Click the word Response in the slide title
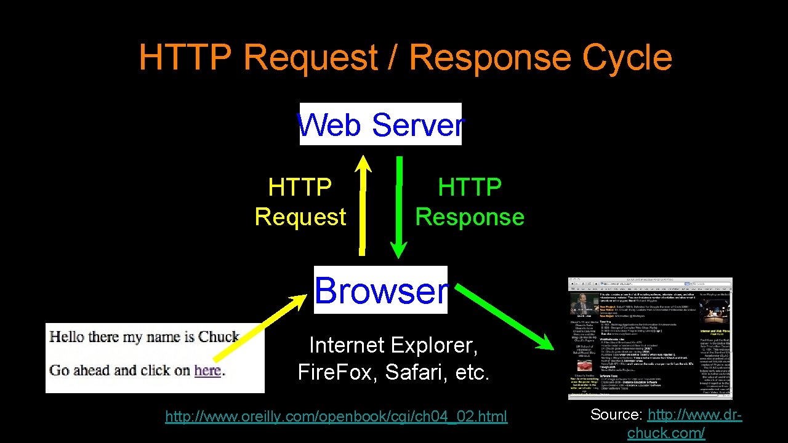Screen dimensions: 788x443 point(490,58)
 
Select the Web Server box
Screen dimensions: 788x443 point(380,124)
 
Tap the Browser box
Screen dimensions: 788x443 point(380,290)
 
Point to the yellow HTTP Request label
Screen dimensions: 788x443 point(300,202)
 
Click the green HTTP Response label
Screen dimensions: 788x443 point(470,202)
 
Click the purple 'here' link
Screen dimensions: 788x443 point(207,370)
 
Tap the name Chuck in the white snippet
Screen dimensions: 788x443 point(219,337)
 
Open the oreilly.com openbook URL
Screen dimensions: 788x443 point(336,417)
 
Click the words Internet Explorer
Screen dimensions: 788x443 point(393,345)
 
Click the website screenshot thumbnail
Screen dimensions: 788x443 point(650,338)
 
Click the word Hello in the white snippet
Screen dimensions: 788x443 point(66,337)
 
